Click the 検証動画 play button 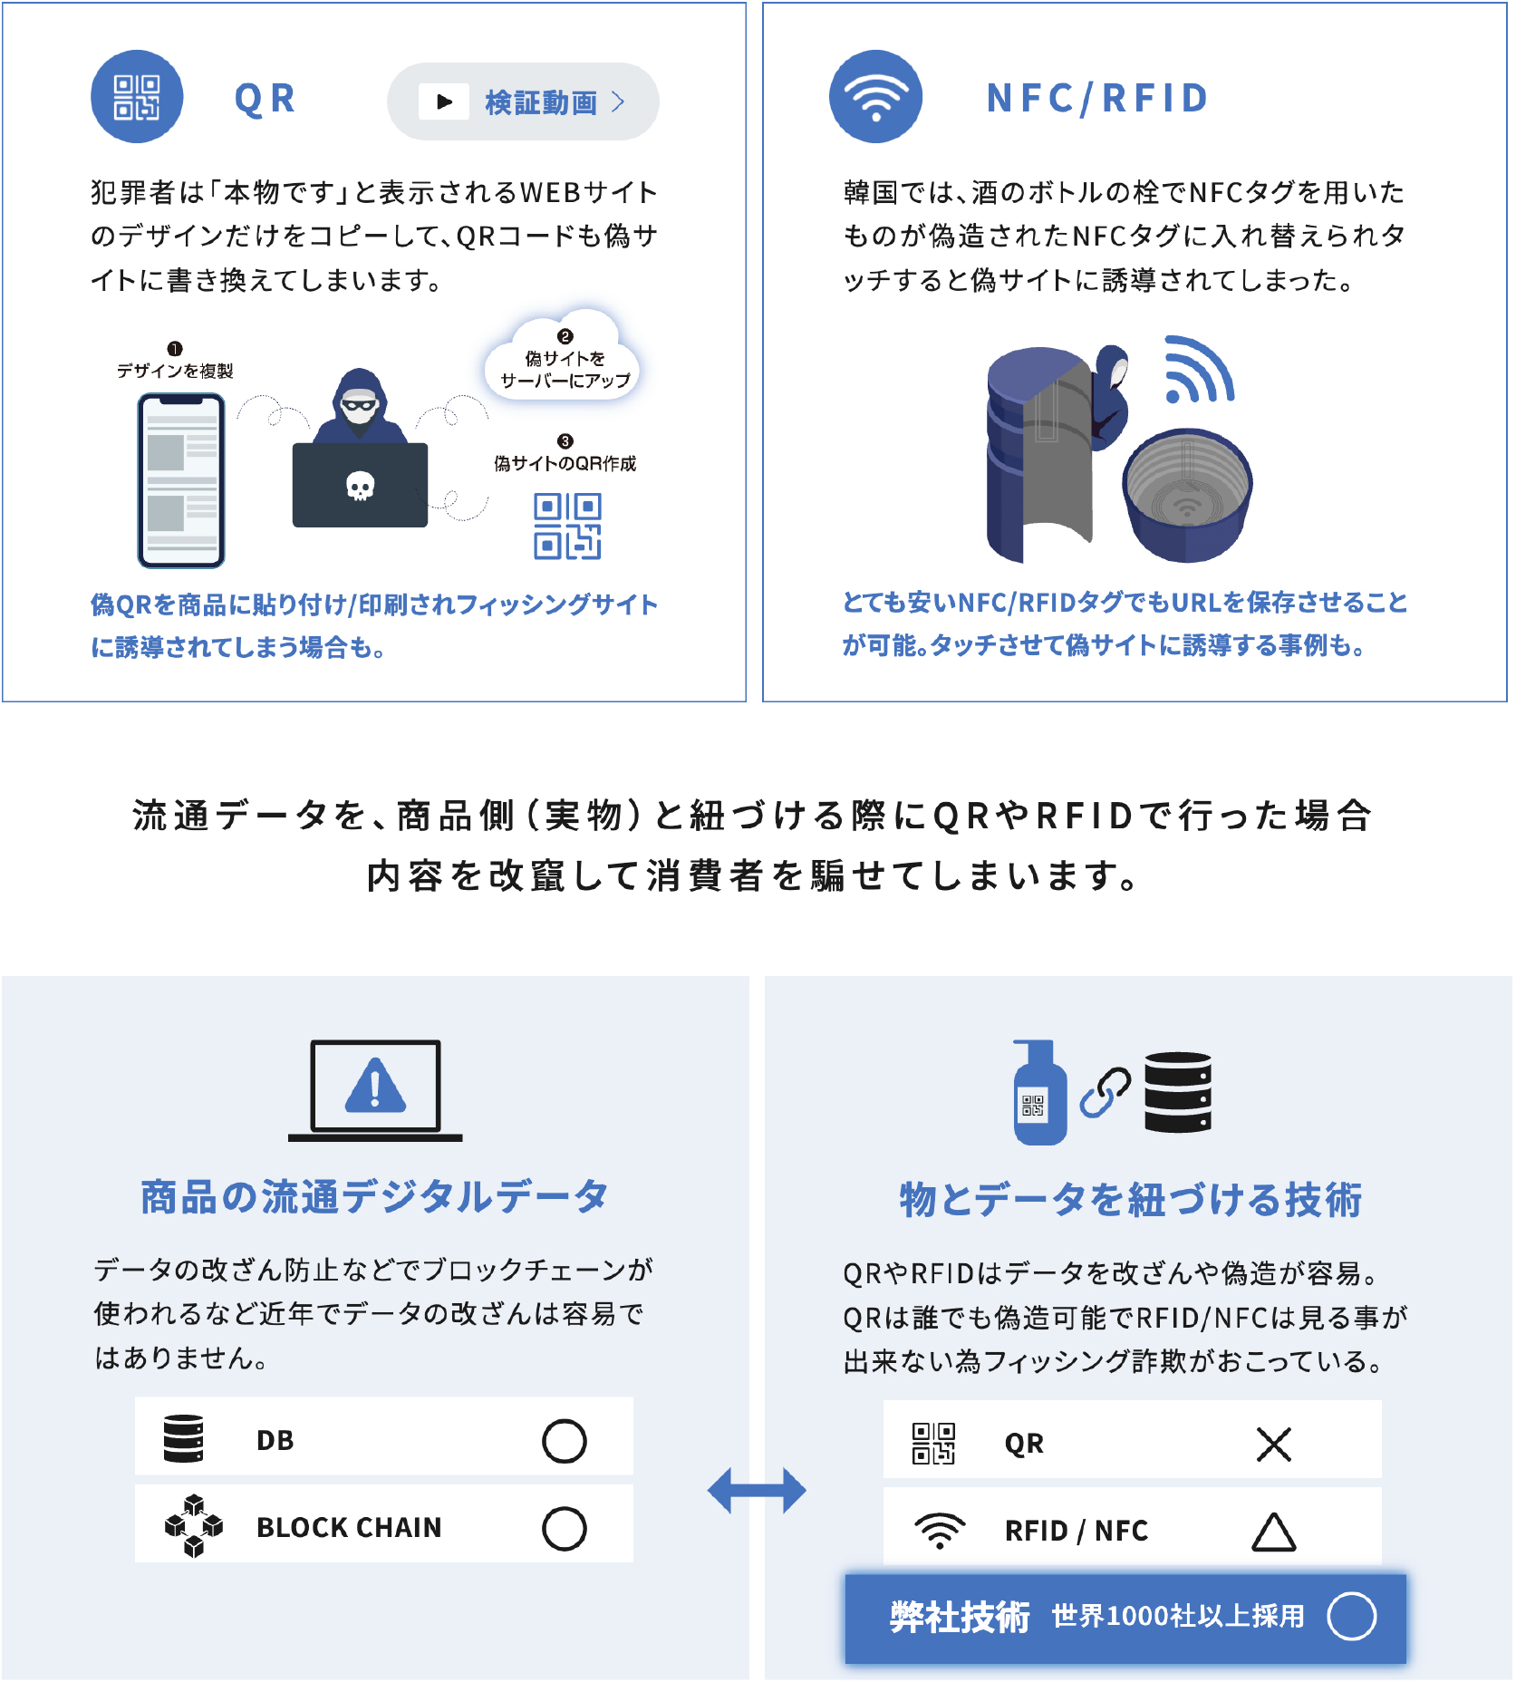[523, 101]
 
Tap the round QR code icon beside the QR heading [137, 97]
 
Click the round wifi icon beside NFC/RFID [875, 97]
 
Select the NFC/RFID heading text [1097, 98]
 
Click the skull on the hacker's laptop [361, 487]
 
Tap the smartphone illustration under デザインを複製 [181, 480]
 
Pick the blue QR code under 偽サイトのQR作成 [567, 527]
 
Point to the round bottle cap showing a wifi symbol [1187, 494]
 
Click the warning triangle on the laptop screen [375, 1085]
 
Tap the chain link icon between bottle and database [1105, 1092]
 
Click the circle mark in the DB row [564, 1441]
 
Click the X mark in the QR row [1273, 1444]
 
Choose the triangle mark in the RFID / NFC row [1273, 1532]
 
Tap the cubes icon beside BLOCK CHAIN [193, 1527]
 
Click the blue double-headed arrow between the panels [757, 1491]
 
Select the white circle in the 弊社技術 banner [1351, 1617]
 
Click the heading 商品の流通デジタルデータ [374, 1197]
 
